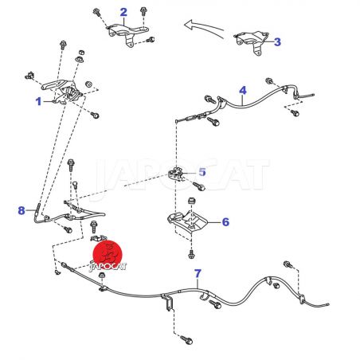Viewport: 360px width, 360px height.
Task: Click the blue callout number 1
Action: tap(39, 101)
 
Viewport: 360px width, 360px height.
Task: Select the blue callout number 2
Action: tap(123, 12)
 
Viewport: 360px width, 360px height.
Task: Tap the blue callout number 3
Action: tap(277, 42)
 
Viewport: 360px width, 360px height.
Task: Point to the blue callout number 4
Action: tap(243, 91)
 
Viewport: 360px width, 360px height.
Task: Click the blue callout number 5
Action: tap(202, 172)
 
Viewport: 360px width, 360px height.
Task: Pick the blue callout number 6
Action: tap(225, 222)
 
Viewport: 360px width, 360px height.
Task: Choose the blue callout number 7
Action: tap(198, 273)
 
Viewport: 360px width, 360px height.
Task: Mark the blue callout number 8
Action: tap(22, 210)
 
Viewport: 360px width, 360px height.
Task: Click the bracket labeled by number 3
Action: tap(252, 42)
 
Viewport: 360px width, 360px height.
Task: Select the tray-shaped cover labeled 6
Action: tap(188, 221)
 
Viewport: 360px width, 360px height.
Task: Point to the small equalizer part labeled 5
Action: tap(176, 174)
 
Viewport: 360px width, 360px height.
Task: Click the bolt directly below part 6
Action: tap(191, 254)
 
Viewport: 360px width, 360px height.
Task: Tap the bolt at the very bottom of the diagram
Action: tap(186, 339)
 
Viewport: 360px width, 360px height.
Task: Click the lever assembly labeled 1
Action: tap(62, 92)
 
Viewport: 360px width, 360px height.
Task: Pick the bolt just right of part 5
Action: tap(199, 186)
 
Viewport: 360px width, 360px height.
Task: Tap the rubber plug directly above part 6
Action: tap(191, 201)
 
